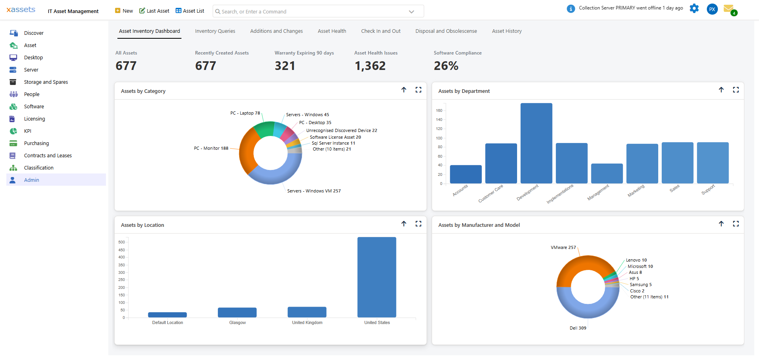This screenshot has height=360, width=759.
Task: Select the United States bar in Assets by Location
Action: coord(376,277)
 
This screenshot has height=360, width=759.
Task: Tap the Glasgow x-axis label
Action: coord(237,323)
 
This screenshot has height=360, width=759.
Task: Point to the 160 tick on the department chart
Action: coord(439,111)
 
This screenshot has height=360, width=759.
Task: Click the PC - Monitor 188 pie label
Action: coord(211,149)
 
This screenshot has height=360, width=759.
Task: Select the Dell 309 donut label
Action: coord(578,328)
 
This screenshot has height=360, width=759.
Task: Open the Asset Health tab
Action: coord(332,31)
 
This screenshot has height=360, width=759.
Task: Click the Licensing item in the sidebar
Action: coord(34,119)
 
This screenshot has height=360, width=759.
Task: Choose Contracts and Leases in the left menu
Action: coord(48,156)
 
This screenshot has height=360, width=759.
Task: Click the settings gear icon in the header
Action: coord(694,8)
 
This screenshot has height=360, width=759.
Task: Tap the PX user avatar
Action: coord(712,9)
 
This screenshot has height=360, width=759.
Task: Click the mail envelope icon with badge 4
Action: coord(729,9)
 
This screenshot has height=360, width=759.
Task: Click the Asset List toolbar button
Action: coord(190,11)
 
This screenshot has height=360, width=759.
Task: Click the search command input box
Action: coord(312,11)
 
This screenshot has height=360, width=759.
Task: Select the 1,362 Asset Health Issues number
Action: coord(370,66)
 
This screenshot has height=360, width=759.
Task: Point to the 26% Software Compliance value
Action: coord(446,66)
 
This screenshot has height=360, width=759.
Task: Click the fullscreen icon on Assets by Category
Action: coord(418,90)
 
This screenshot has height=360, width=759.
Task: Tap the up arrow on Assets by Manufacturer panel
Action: coord(721,224)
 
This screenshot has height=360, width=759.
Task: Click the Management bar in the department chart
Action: coord(606,173)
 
